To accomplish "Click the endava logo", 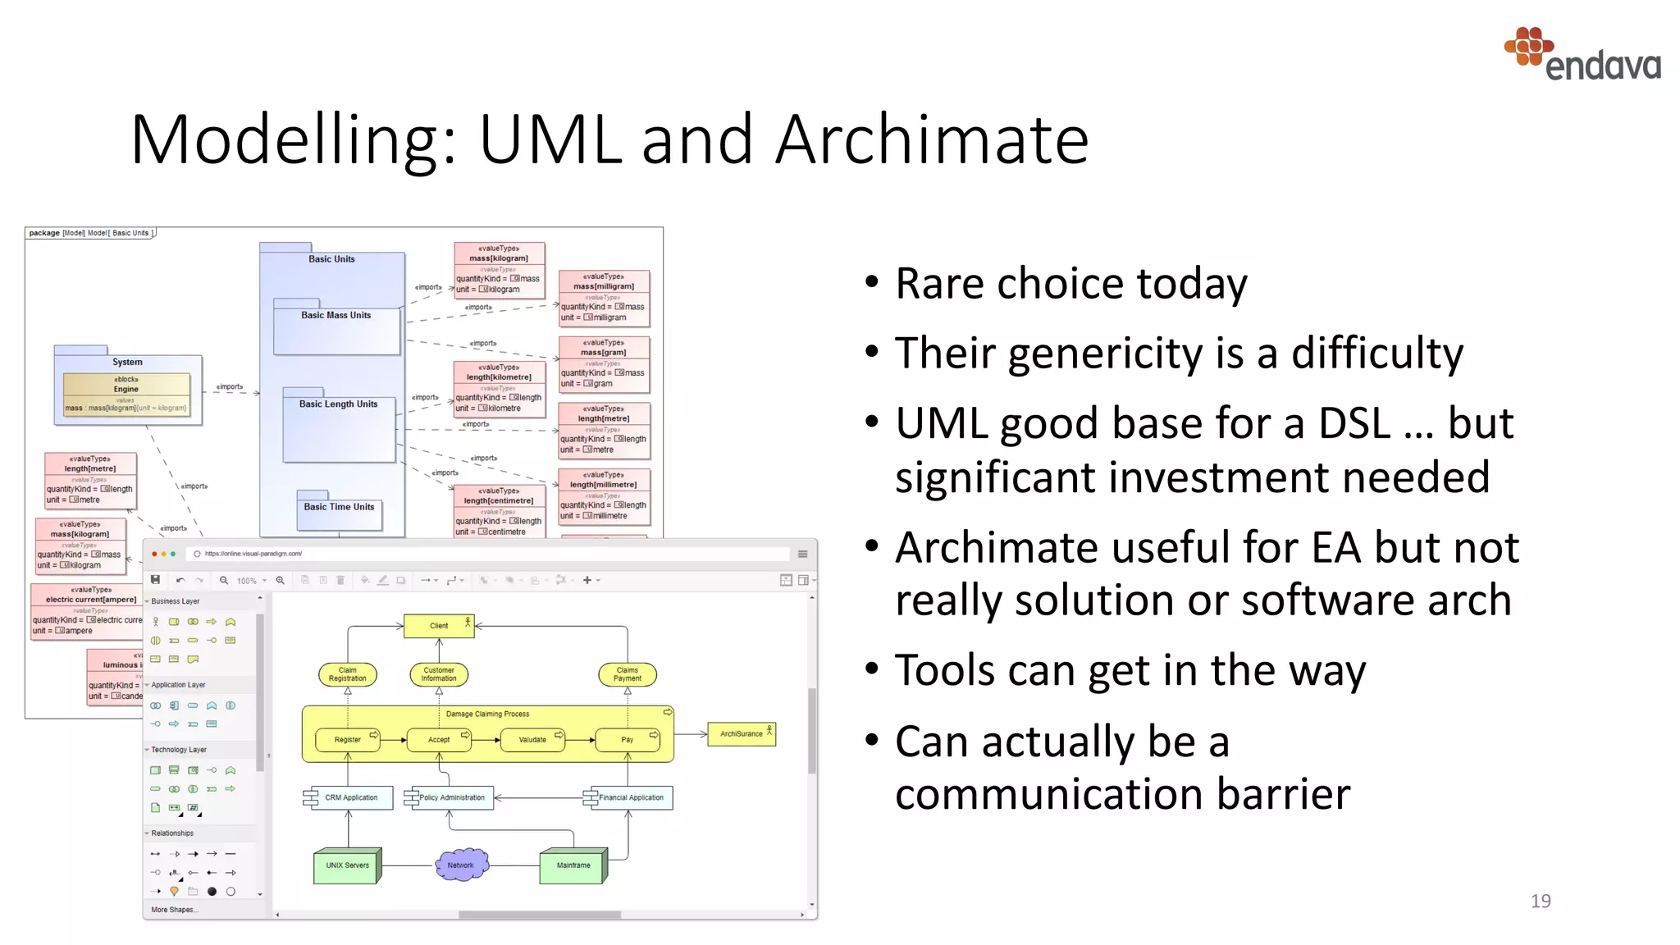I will tap(1583, 55).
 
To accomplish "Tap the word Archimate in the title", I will tap(931, 140).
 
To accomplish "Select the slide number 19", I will tap(1540, 901).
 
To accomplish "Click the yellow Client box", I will tap(439, 626).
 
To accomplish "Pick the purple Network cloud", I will tap(461, 865).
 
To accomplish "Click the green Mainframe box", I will tap(573, 865).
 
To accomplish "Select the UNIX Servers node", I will tap(347, 865).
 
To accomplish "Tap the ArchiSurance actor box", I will tap(742, 733).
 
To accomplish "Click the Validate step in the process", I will tap(532, 739).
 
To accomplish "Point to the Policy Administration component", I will tap(451, 797).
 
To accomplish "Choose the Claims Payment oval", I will tap(627, 674).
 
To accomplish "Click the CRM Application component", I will tap(350, 797).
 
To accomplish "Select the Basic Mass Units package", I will tap(336, 327).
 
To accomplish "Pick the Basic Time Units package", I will tap(339, 513).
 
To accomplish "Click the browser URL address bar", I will tap(492, 554).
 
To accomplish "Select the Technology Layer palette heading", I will tap(179, 750).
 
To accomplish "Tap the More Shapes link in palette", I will tap(174, 910).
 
